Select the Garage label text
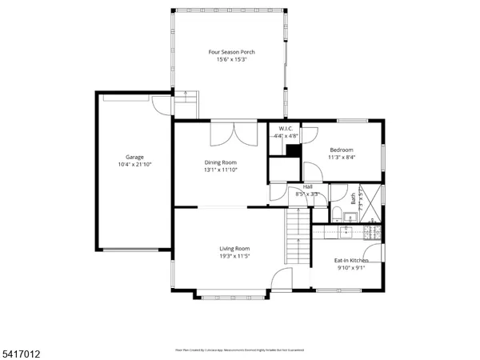click(134, 157)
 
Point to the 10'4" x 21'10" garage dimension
click(134, 165)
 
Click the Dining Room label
click(220, 162)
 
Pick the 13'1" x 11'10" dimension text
click(220, 170)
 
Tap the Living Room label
click(235, 248)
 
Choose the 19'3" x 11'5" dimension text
click(235, 256)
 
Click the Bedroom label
click(341, 150)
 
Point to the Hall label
click(307, 186)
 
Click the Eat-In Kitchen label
click(351, 261)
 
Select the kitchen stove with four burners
click(372, 232)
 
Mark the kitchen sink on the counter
click(346, 232)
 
